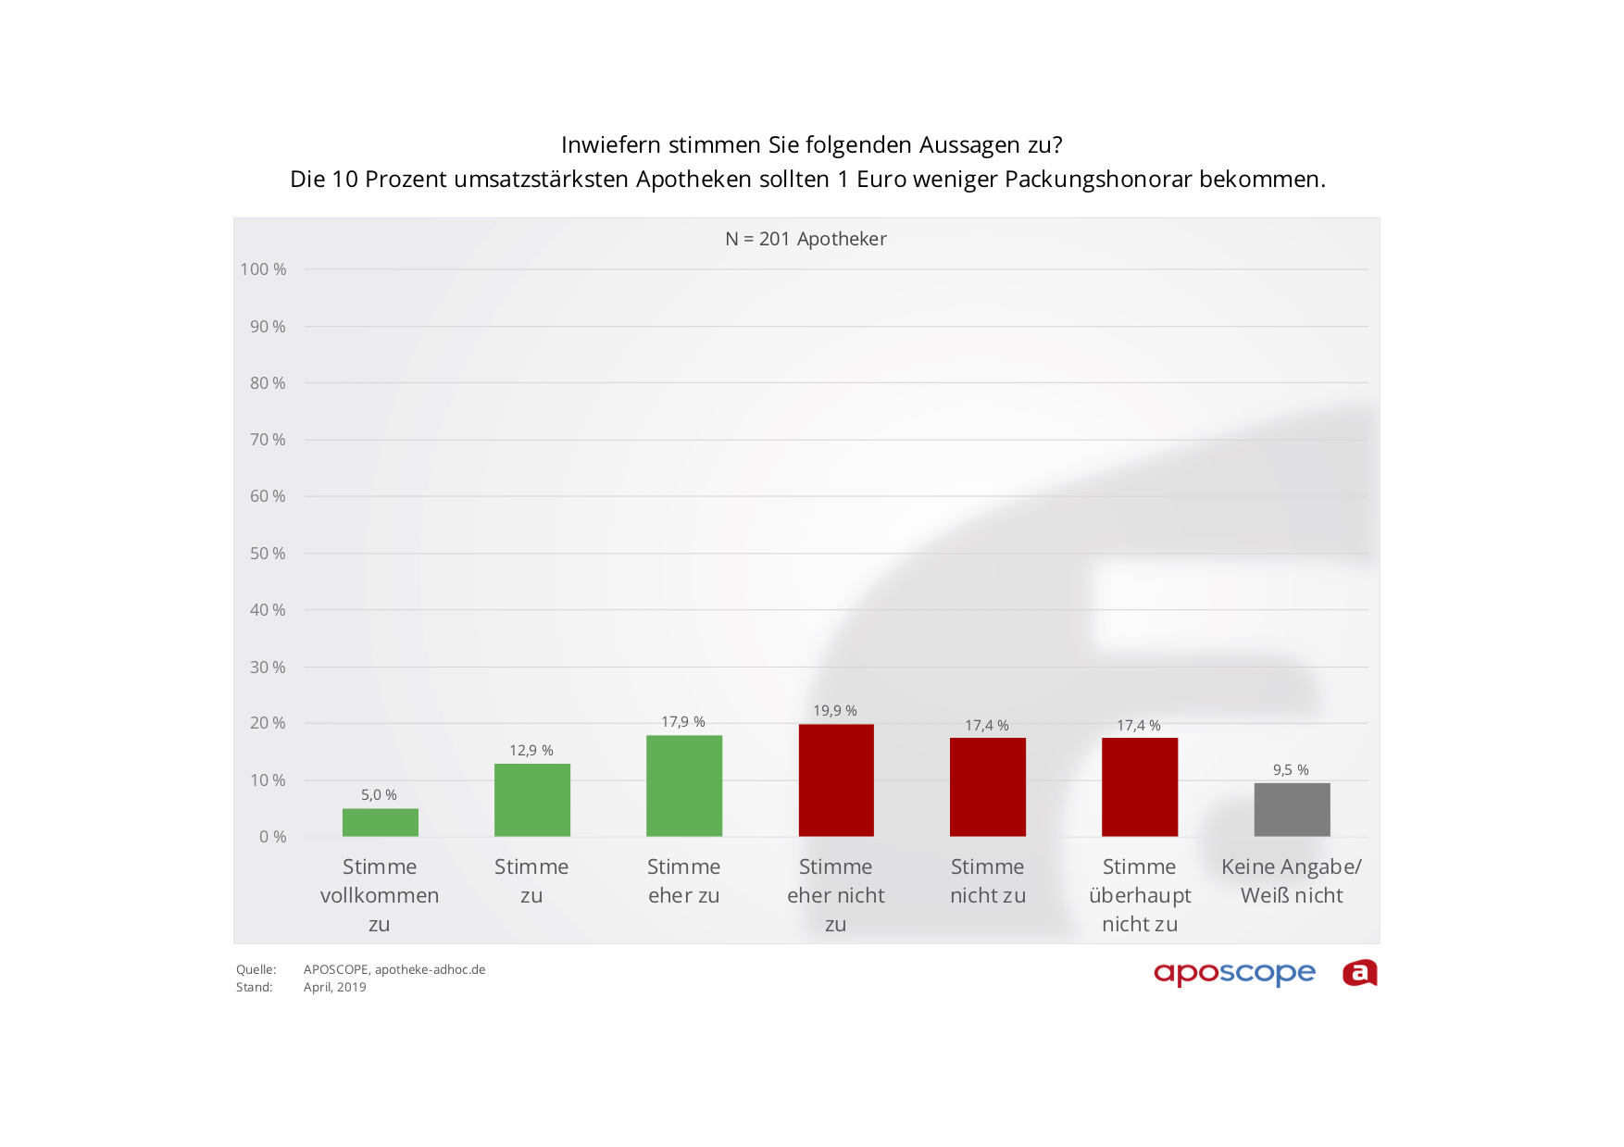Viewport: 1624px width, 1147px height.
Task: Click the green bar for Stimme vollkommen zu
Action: tap(380, 822)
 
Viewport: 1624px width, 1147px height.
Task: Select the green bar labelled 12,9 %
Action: tap(531, 800)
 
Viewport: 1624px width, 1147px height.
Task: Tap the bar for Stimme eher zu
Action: tap(683, 786)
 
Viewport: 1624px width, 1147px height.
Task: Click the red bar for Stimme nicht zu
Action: tap(987, 787)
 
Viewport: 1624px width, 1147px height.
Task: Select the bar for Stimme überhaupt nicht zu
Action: tap(1139, 787)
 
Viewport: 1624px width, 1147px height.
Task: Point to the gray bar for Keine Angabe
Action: tap(1292, 810)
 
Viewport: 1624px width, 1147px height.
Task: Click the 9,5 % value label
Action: tap(1291, 770)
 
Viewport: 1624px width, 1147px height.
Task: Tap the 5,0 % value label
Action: tap(379, 795)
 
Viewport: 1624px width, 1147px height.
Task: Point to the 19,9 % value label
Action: tap(835, 711)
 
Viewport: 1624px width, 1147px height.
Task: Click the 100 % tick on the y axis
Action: tap(263, 269)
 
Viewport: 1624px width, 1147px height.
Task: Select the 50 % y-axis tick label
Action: tap(268, 554)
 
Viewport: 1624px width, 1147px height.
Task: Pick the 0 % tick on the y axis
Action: tap(272, 837)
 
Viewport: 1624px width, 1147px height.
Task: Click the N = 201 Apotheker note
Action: tap(806, 239)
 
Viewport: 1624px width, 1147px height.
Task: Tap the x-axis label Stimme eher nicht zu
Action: tap(835, 895)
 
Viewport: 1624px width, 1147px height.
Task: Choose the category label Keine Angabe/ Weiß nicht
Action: tap(1292, 881)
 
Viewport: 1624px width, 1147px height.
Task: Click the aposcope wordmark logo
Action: tap(1234, 974)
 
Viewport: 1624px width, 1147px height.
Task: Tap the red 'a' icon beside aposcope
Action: tap(1359, 973)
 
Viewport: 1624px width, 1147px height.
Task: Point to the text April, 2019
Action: tap(335, 988)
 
